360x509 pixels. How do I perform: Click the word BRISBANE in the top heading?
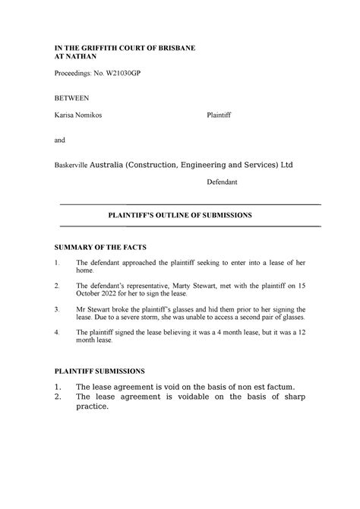coord(172,48)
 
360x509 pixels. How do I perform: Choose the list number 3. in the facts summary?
coord(58,310)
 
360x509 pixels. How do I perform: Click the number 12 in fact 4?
coord(298,333)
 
